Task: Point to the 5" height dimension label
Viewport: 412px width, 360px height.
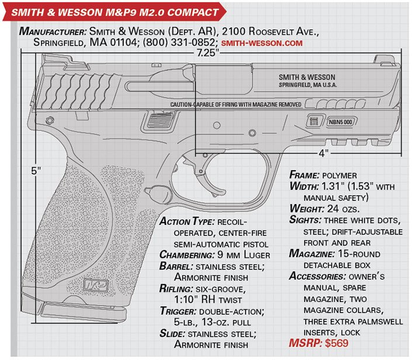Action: (36, 171)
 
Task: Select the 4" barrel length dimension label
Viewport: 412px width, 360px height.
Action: (323, 153)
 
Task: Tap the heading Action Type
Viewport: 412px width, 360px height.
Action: (187, 223)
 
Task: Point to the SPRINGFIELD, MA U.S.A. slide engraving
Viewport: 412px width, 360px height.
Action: (299, 85)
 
